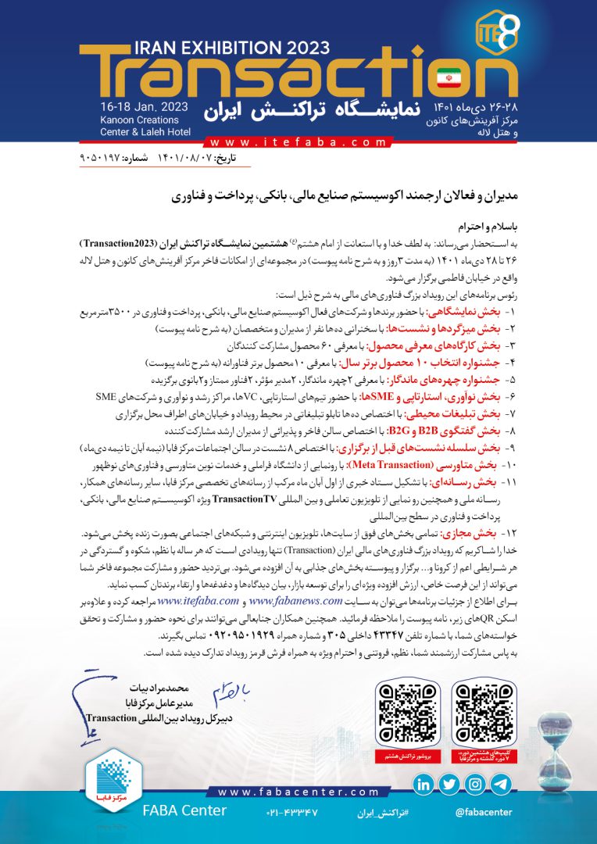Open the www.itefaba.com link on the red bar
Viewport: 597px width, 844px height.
point(298,143)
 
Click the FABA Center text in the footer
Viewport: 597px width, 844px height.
point(184,810)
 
